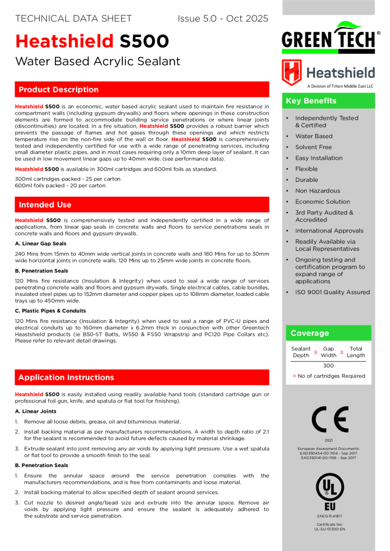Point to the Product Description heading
(58, 89)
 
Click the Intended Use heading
(45, 204)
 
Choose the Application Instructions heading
(66, 377)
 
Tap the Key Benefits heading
(311, 101)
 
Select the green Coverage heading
(309, 333)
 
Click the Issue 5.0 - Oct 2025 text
(222, 19)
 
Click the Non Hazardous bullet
(317, 190)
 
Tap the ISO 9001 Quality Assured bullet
(332, 292)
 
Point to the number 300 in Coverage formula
(329, 365)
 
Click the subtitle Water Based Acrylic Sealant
(97, 61)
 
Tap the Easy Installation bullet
(318, 158)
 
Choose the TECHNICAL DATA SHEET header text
(73, 19)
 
